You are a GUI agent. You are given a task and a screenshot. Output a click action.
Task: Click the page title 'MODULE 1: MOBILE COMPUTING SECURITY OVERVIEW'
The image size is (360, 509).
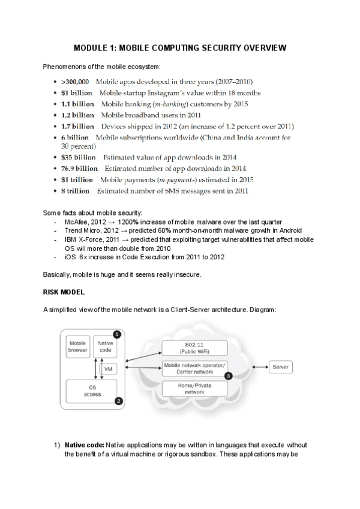tap(179, 47)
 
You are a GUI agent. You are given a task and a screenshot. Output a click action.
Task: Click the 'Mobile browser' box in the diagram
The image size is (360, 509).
tap(77, 346)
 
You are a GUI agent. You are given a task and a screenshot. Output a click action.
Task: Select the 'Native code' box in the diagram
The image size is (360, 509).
tap(105, 346)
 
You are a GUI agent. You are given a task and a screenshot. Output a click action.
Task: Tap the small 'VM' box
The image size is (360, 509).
tap(108, 369)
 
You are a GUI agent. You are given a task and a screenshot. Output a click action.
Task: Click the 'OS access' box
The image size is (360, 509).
tap(91, 391)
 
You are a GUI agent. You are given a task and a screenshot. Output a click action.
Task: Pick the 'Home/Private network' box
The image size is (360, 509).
tap(194, 388)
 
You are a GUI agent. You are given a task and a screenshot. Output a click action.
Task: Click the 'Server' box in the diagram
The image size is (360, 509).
tap(280, 366)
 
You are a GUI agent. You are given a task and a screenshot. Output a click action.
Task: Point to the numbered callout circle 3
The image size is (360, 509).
tap(228, 376)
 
